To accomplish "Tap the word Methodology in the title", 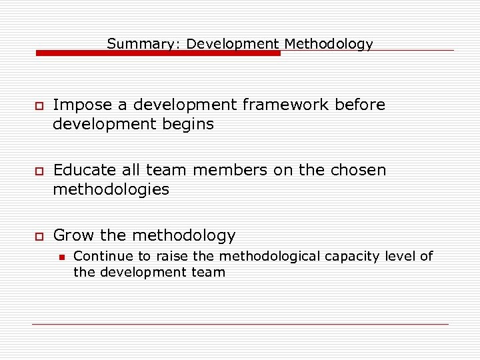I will [329, 44].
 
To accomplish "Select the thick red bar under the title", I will [158, 53].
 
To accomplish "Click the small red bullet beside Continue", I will [60, 257].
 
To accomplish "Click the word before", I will [360, 105].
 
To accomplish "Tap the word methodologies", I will [111, 189].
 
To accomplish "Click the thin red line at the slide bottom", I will [240, 324].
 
